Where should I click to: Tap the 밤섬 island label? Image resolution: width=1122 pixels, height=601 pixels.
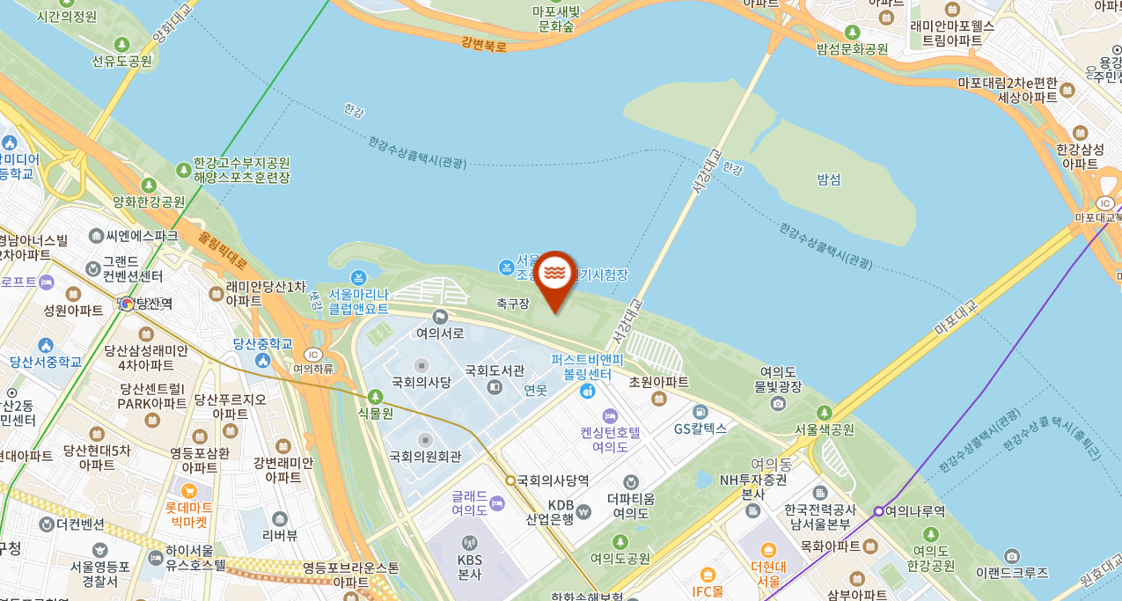829,180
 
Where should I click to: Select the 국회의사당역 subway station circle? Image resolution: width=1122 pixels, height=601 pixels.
510,480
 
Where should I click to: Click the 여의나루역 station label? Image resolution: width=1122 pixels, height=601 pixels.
915,511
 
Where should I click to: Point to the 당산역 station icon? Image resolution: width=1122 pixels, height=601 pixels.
127,304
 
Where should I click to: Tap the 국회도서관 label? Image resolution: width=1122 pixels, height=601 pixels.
495,370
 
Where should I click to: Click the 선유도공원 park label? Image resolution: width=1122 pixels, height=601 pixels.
122,61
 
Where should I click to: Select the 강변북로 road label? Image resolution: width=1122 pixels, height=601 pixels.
484,43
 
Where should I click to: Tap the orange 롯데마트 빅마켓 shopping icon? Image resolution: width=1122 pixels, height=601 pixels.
188,490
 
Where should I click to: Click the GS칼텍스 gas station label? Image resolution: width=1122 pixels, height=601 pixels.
700,429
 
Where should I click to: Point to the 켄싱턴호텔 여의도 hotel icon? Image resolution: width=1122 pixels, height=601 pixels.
610,414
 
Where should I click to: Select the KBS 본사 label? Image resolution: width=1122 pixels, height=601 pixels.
469,567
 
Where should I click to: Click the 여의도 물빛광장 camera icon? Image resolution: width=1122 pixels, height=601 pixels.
778,403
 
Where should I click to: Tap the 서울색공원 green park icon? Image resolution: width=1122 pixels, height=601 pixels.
825,412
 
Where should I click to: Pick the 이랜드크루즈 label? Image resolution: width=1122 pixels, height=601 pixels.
1012,572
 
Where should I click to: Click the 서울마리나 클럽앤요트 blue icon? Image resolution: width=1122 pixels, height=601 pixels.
358,277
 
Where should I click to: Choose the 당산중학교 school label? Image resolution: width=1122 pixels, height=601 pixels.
262,343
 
